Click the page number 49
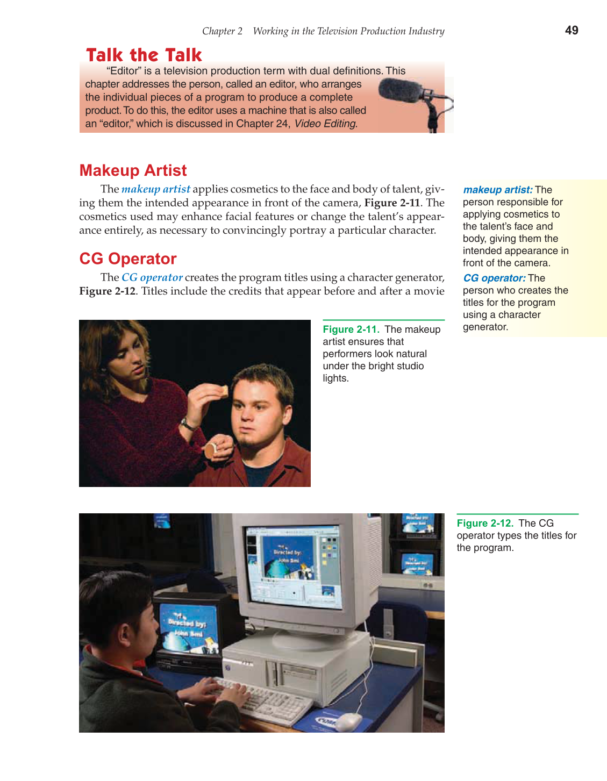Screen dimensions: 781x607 572,31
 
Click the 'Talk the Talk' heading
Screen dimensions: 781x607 144,55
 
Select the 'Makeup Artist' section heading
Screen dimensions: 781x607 133,170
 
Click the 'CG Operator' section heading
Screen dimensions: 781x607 127,259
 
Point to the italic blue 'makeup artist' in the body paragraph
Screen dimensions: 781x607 156,189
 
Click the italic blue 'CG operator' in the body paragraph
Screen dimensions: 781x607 152,277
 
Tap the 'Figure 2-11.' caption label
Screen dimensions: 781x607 351,329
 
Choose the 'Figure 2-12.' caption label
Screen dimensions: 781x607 485,524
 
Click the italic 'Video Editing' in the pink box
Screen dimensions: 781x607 325,124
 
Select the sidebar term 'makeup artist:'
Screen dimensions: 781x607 497,190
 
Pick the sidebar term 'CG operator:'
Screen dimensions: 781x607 494,278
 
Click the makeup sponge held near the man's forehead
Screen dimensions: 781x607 220,391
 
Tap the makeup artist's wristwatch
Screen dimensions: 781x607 187,424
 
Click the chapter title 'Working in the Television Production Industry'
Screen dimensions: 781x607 348,31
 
